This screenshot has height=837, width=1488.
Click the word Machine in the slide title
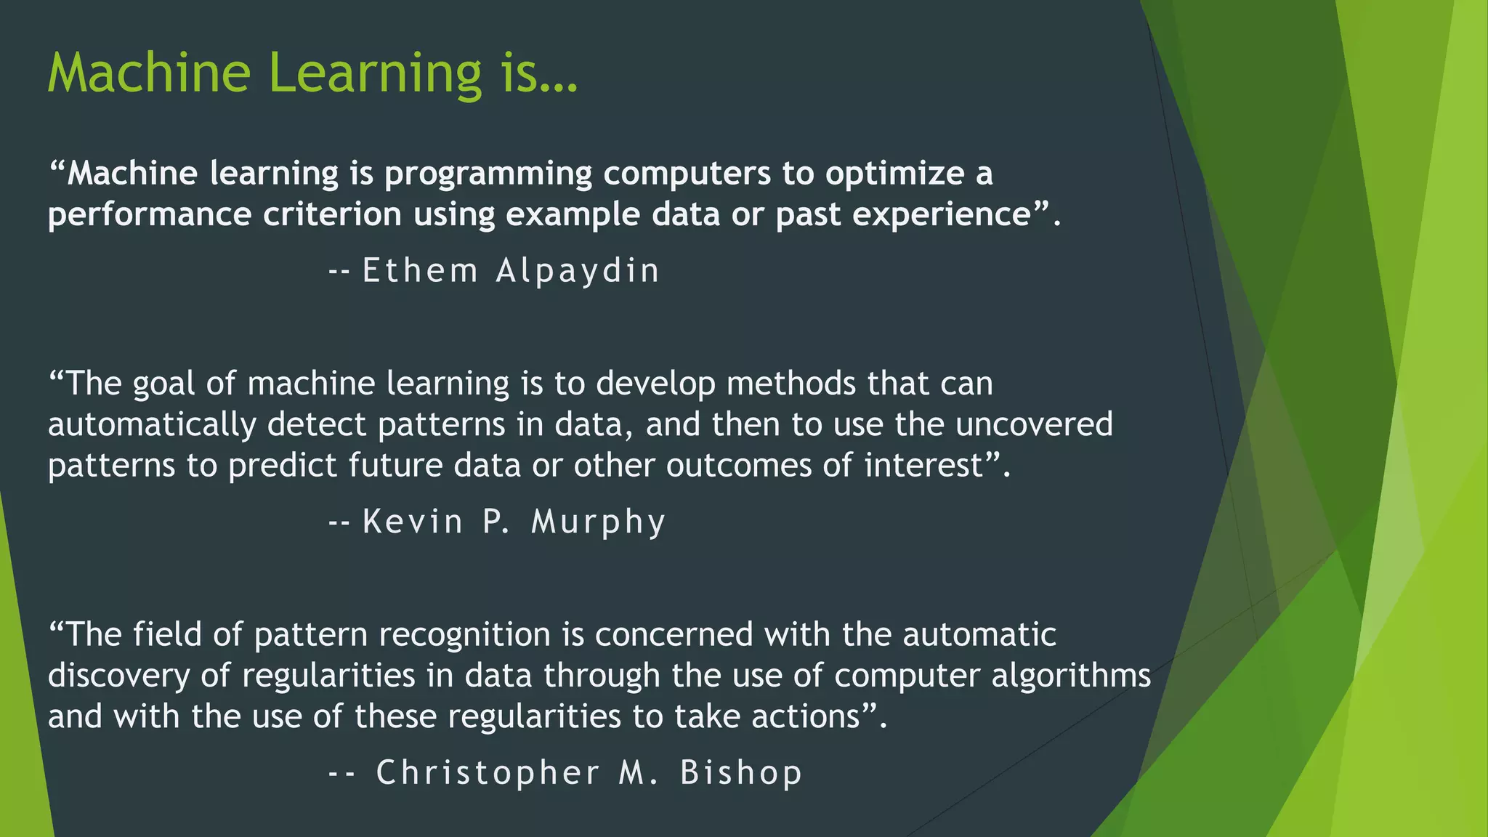[x=149, y=73]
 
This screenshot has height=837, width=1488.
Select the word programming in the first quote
[x=488, y=174]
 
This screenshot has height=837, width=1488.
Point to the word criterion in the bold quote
[x=332, y=215]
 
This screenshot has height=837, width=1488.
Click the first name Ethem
[x=420, y=271]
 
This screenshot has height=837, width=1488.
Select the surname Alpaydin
[x=578, y=271]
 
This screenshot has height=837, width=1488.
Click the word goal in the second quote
[x=164, y=384]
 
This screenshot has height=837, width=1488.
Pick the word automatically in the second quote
[x=152, y=425]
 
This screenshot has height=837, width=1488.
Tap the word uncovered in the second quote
[x=1034, y=425]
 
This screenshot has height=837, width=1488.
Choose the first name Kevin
[x=412, y=522]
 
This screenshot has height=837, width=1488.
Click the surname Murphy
[x=598, y=522]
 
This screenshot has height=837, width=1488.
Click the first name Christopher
[x=488, y=772]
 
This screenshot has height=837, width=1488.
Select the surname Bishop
[x=740, y=772]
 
